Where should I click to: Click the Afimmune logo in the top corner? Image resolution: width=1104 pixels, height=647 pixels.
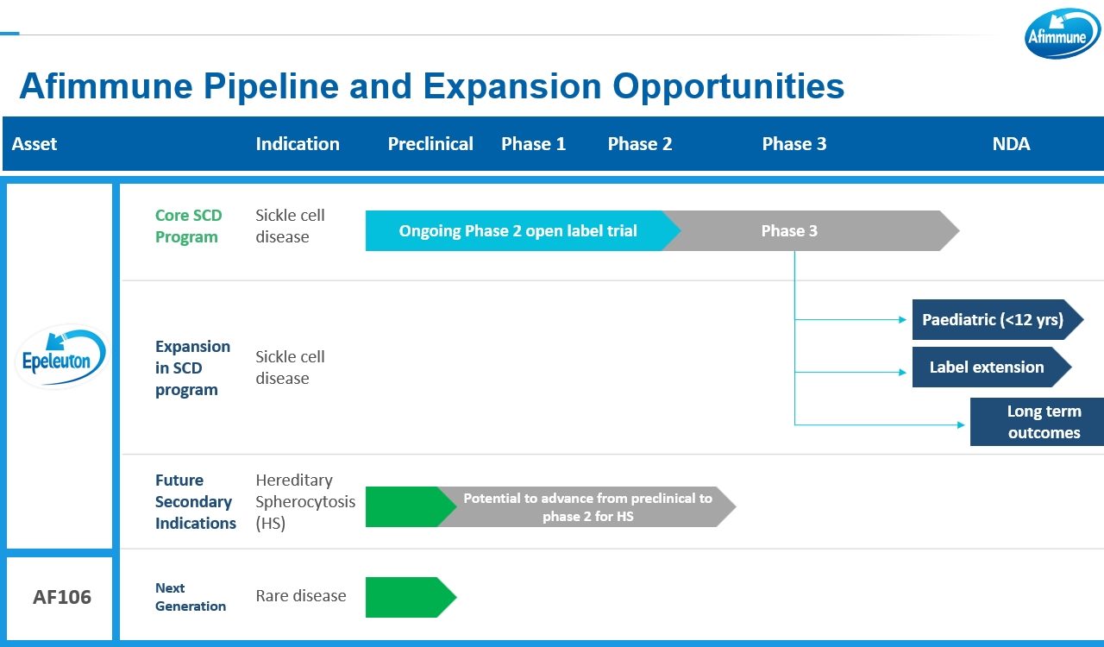pos(1062,34)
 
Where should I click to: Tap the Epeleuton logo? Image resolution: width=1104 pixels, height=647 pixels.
pos(60,356)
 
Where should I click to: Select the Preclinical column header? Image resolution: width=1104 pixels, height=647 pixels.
pos(430,144)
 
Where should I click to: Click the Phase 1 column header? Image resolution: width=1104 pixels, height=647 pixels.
pos(533,144)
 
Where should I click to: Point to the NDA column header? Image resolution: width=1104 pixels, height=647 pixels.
pos(1011,144)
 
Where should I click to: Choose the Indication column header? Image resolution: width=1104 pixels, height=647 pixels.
pos(298,144)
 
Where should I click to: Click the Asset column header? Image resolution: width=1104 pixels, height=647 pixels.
pos(34,144)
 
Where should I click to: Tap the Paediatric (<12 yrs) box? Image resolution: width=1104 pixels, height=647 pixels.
pos(997,319)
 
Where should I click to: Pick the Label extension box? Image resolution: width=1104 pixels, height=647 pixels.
pos(992,367)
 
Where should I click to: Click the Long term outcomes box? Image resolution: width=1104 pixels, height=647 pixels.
pos(1037,422)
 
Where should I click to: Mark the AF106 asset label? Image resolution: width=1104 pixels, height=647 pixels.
pos(62,597)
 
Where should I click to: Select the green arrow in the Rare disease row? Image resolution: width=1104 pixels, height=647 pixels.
pos(411,597)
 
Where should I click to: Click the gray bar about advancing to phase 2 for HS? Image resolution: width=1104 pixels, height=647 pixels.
pos(587,507)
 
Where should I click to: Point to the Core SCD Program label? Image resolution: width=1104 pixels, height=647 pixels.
pos(188,226)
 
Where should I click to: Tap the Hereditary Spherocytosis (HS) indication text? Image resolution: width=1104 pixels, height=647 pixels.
pos(305,501)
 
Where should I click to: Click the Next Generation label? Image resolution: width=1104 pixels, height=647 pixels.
pos(191,597)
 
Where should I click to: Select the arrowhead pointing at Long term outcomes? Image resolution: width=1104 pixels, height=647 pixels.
pos(961,424)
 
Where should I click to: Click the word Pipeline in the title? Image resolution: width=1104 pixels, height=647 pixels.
pos(271,87)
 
